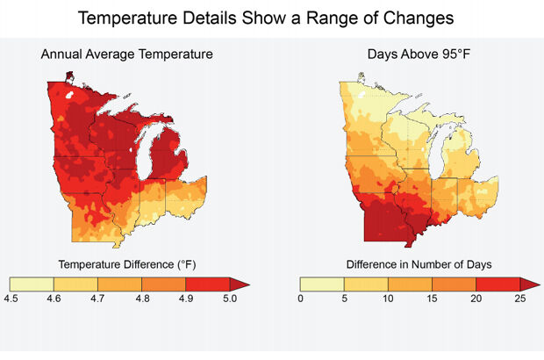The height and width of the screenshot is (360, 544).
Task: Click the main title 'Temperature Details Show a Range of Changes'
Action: click(x=272, y=18)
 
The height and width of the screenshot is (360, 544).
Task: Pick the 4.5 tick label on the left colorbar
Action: click(x=11, y=299)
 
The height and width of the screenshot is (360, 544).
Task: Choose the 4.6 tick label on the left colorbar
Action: click(x=54, y=299)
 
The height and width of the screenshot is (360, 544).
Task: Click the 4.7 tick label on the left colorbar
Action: click(x=97, y=299)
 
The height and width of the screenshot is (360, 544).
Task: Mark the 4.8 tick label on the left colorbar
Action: click(x=141, y=299)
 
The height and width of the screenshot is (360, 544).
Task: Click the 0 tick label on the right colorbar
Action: click(x=301, y=299)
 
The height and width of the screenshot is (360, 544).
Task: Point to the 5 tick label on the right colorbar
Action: click(x=345, y=299)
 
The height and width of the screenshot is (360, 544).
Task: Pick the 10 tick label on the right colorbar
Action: click(x=388, y=299)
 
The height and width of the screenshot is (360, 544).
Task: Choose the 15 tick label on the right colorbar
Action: click(x=432, y=299)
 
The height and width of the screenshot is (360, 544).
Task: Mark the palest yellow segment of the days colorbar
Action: click(x=322, y=283)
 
